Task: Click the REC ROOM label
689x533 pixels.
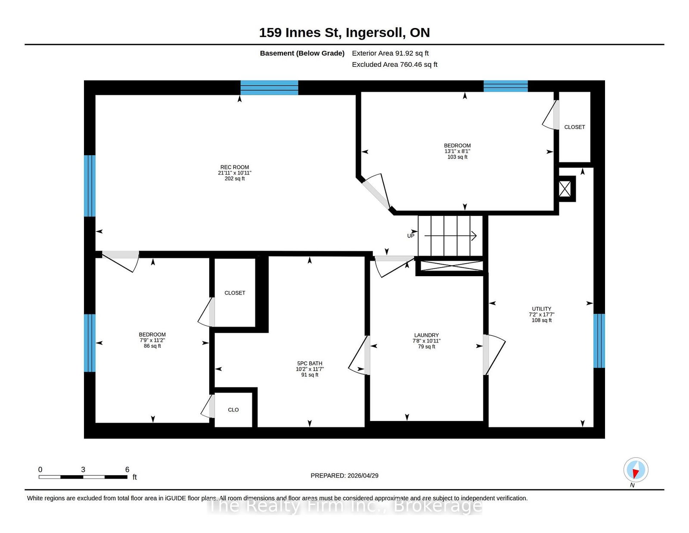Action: pos(235,167)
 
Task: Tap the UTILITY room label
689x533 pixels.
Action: pos(542,309)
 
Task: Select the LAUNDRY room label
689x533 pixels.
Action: pos(426,335)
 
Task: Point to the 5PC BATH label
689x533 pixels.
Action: pos(310,363)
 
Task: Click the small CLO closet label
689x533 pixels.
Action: pos(233,410)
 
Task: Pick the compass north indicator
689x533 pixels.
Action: pos(636,470)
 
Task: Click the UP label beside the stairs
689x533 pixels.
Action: pos(411,236)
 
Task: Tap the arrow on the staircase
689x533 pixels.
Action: pos(450,236)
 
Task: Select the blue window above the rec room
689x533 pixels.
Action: pos(269,87)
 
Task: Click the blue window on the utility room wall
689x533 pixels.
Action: pos(599,341)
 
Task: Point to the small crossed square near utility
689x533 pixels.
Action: pos(565,189)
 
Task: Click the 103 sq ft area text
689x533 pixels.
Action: pos(457,157)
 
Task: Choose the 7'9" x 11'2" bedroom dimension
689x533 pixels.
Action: pos(152,340)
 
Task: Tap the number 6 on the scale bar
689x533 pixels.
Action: pos(127,470)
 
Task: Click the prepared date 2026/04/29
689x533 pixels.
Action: pos(363,476)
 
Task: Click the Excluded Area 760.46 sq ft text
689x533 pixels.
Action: pos(394,64)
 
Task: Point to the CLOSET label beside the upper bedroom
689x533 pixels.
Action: pos(574,127)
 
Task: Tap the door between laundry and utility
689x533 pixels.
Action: pos(494,355)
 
